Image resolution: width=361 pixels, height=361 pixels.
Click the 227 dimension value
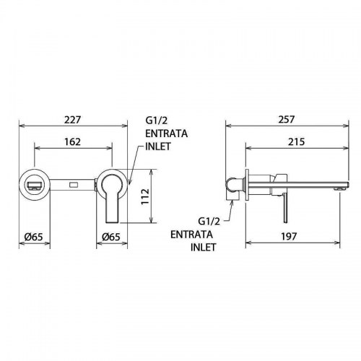73,120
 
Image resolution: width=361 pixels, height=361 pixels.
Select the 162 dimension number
72,142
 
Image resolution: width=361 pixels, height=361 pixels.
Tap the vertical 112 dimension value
145,196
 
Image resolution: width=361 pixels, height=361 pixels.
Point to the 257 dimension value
287,120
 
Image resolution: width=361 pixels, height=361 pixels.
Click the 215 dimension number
296,142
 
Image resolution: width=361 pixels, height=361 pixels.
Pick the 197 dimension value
289,237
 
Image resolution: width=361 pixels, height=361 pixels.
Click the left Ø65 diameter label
34,237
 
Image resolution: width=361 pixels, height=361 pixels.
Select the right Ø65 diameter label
111,237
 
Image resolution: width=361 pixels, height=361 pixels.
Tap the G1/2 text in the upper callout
157,121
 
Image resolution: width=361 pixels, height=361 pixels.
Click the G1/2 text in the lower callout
209,221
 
